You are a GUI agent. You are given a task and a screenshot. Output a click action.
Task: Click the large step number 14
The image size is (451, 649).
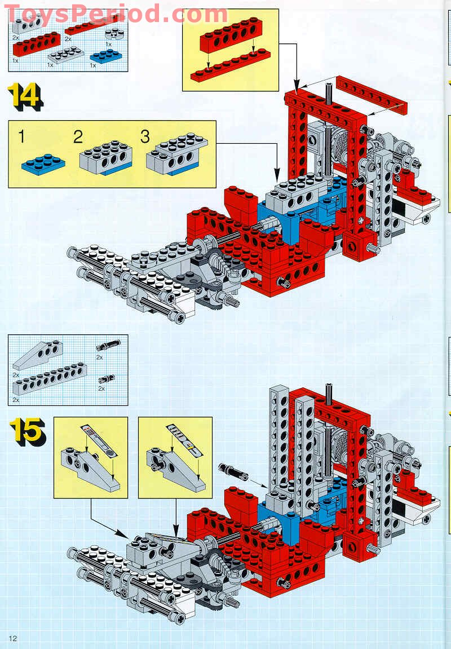pos(25,97)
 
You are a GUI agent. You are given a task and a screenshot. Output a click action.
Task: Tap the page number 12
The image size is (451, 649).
pos(13,638)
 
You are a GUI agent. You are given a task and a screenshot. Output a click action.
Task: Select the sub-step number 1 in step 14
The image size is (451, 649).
pos(22,137)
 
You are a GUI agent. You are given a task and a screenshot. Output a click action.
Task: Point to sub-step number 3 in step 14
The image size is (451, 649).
pos(145,137)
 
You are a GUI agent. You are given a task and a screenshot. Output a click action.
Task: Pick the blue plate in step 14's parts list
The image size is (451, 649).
pos(105,56)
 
